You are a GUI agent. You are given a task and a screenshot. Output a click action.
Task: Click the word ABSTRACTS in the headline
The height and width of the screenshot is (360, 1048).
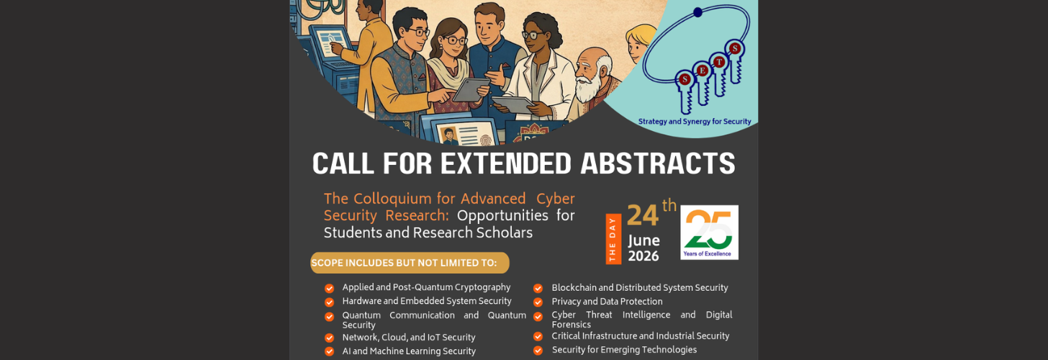[658, 164]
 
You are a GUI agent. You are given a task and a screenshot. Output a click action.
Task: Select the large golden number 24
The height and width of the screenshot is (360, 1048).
[642, 216]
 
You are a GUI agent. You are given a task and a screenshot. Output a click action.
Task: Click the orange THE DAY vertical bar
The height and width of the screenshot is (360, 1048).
[613, 239]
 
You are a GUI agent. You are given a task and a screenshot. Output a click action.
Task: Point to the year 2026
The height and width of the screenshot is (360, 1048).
[643, 256]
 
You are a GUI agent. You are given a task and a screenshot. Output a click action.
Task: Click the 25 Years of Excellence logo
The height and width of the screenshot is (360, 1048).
[709, 232]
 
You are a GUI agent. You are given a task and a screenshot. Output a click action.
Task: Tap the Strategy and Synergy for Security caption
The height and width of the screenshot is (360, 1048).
[695, 121]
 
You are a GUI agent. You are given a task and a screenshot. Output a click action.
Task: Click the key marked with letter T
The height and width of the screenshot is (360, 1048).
[720, 74]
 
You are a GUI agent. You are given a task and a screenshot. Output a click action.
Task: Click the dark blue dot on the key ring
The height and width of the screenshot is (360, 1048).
[697, 12]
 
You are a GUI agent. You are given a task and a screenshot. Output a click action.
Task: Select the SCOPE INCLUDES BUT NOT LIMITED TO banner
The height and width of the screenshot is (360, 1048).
[410, 263]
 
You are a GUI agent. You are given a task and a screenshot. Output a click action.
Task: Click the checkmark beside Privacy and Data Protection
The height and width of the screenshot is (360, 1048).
[538, 302]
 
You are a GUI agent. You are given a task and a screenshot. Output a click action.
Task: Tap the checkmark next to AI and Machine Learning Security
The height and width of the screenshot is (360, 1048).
[330, 351]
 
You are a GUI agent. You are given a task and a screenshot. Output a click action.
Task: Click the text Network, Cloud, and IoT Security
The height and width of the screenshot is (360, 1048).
[408, 338]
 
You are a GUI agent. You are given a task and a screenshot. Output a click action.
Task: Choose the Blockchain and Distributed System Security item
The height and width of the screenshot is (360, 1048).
[640, 288]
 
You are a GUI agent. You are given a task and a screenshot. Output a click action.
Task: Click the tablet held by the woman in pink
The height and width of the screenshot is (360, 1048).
[471, 89]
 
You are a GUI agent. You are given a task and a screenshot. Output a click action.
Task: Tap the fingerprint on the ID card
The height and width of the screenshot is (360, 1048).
[486, 139]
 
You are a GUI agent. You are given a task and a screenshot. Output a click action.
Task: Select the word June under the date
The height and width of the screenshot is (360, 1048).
[643, 240]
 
